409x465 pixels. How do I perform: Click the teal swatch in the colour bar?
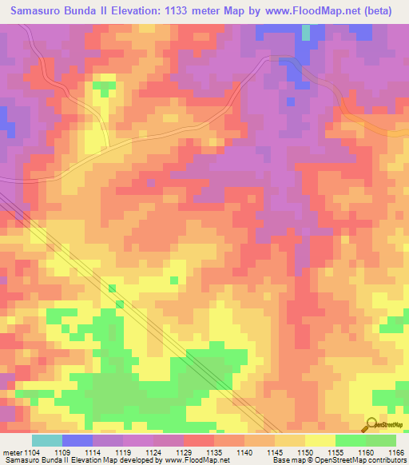[x=47, y=440]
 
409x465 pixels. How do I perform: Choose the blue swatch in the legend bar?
[x=77, y=440]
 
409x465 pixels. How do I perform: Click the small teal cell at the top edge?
[x=306, y=32]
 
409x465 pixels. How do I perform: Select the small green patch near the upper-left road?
[x=104, y=84]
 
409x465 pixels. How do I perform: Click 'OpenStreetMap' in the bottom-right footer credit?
[x=375, y=460]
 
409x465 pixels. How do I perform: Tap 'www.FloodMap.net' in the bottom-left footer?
[x=193, y=460]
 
